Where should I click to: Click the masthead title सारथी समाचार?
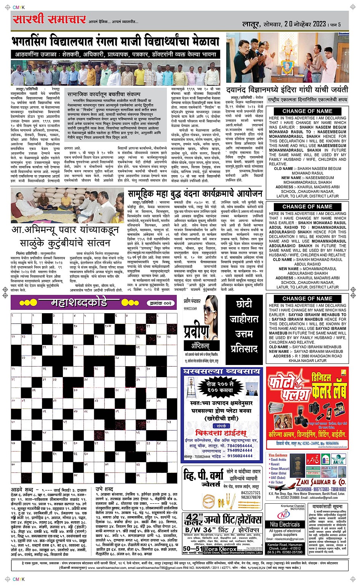(x=49, y=19)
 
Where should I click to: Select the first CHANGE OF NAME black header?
(x=307, y=111)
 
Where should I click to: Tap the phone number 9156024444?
(x=240, y=456)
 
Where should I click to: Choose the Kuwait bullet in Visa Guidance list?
(x=275, y=464)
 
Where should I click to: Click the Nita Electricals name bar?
(x=285, y=524)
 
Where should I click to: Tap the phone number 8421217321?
(x=251, y=493)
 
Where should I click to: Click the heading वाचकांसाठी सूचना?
(x=327, y=507)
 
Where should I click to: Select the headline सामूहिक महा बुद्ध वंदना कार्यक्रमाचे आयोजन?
(x=195, y=193)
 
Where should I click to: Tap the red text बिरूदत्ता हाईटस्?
(x=221, y=433)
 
